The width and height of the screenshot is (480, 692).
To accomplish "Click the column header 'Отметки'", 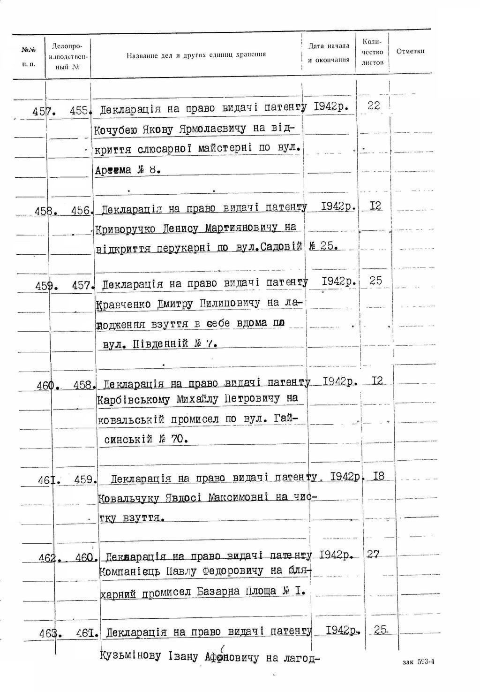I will [410, 51].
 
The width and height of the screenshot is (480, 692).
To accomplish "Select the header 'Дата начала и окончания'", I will [329, 53].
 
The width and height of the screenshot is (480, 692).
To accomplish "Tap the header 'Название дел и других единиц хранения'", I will [196, 55].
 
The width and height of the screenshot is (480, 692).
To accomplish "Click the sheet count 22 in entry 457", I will [374, 106].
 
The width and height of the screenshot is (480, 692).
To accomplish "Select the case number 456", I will [80, 211].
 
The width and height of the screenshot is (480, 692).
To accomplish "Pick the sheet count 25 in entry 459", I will [375, 281].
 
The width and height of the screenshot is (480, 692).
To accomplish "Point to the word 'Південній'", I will [161, 344].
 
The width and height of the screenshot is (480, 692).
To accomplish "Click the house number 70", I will [177, 439].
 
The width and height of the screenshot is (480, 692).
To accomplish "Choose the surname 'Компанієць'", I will [124, 572].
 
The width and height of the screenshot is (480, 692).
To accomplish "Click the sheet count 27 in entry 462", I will [373, 555].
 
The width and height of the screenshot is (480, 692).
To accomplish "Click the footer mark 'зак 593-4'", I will [419, 662].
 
